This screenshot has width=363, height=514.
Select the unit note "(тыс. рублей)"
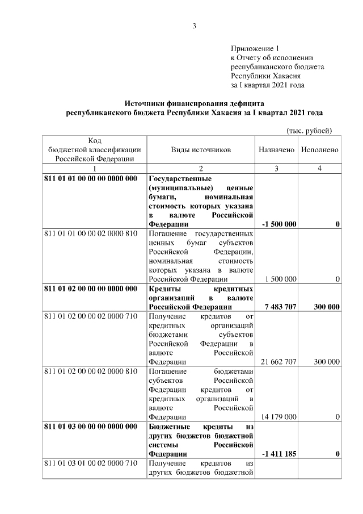(x=309, y=131)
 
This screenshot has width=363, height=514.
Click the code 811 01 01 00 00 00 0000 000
(x=91, y=178)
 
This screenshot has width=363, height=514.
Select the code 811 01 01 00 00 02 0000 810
(x=91, y=233)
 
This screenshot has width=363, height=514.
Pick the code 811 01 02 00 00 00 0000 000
(x=91, y=289)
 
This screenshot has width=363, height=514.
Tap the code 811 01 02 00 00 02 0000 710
(x=91, y=316)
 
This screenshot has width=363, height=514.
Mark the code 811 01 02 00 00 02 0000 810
(x=91, y=371)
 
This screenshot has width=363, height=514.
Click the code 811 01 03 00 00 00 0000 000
(x=91, y=426)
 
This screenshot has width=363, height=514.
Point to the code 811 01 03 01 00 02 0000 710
(x=91, y=464)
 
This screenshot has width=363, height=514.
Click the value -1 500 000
(x=279, y=224)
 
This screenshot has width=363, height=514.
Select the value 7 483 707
(x=280, y=307)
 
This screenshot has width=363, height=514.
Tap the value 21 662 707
(x=278, y=362)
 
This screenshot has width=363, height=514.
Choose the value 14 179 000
(x=278, y=417)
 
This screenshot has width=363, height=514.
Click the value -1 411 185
(x=279, y=454)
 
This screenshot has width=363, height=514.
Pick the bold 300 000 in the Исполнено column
(x=326, y=307)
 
